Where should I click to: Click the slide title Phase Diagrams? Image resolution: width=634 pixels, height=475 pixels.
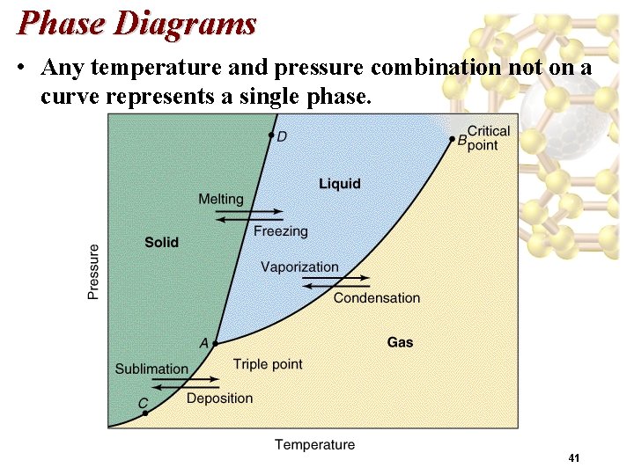(136, 23)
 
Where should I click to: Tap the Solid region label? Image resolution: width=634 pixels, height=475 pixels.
(161, 242)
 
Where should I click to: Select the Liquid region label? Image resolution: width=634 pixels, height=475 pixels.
(340, 183)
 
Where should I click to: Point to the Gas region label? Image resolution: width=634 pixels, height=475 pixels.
(400, 342)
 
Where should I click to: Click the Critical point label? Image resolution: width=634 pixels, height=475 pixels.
(488, 138)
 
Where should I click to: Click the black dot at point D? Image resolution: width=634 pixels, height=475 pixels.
(271, 135)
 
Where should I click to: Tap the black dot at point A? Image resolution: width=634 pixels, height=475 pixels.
(215, 343)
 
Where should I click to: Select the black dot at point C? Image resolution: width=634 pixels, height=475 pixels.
(145, 413)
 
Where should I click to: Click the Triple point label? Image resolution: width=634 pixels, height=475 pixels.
(268, 364)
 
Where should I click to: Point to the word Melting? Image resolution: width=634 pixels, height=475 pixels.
(220, 200)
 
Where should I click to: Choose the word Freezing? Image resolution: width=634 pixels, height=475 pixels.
(281, 231)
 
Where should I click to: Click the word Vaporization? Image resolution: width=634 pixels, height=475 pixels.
(299, 267)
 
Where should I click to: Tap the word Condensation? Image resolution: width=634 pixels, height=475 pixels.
(377, 298)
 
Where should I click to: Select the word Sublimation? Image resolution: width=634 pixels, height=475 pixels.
(151, 369)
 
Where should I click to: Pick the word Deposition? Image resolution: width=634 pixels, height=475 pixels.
(219, 398)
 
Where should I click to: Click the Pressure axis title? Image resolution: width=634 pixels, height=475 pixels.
(93, 272)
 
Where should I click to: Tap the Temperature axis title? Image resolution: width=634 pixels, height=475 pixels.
(314, 445)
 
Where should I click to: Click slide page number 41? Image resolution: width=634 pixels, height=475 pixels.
(574, 458)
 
